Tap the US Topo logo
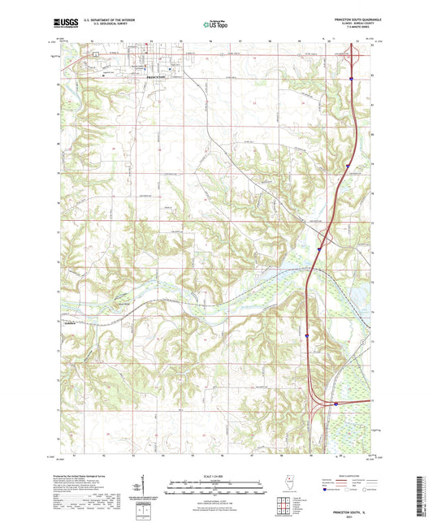pyautogui.click(x=215, y=25)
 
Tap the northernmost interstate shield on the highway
pyautogui.click(x=351, y=79)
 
